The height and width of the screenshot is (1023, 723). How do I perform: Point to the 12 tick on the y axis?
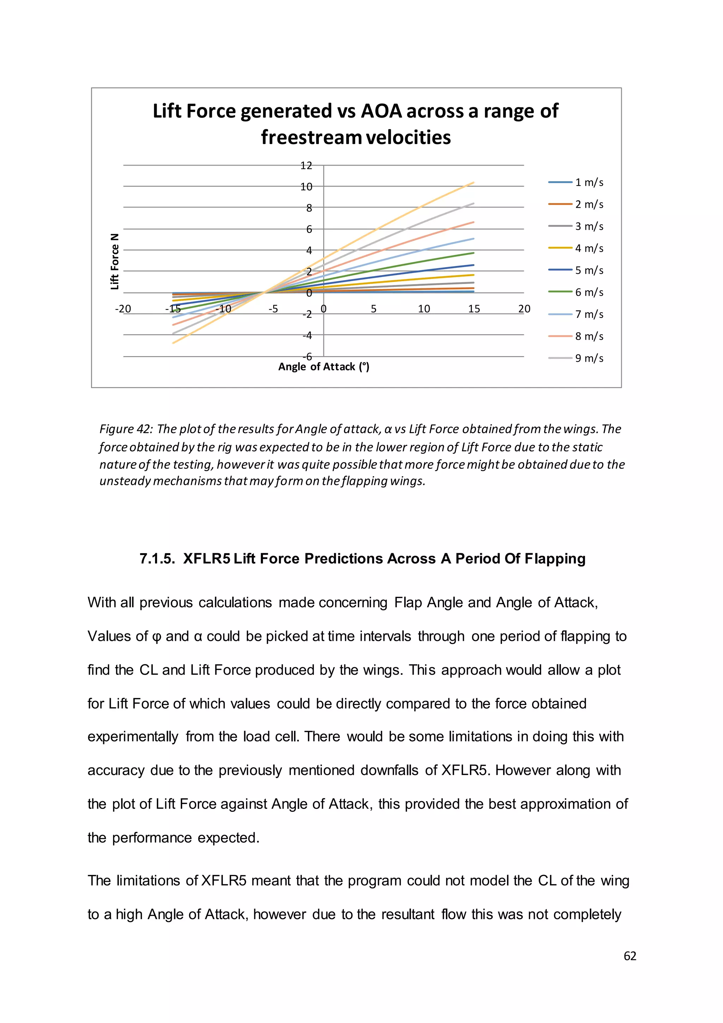[x=306, y=166]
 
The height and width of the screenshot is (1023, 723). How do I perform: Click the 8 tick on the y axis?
[x=309, y=208]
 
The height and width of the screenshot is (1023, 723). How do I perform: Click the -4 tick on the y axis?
[x=307, y=335]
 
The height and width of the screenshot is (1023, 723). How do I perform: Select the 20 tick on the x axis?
[x=524, y=309]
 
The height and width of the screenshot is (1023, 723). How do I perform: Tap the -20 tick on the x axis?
[x=123, y=309]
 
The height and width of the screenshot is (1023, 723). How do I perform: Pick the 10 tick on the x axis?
[x=424, y=309]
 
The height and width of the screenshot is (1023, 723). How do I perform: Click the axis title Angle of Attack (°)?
[x=324, y=367]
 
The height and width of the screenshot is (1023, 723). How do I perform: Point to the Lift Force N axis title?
[x=115, y=261]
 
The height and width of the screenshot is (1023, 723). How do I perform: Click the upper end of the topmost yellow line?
[x=473, y=182]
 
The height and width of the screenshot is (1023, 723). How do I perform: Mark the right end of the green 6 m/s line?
[x=473, y=253]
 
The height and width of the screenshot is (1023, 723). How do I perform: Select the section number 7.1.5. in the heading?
[x=157, y=559]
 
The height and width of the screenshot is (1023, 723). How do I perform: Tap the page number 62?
[x=629, y=956]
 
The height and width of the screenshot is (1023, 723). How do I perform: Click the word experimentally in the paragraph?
[x=133, y=737]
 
